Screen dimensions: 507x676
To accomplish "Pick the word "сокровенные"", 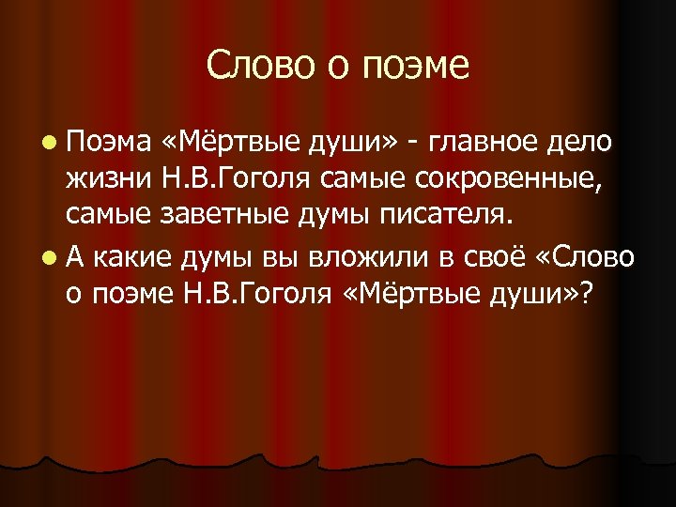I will click(x=493, y=181).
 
